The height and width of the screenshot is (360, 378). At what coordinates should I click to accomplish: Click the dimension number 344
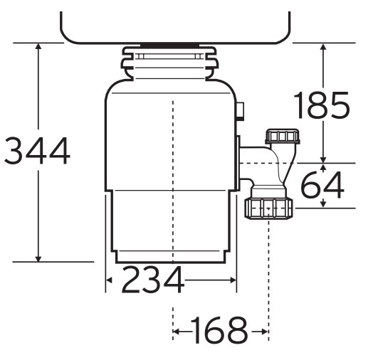tap(37, 151)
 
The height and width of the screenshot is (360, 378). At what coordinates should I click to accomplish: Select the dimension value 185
tap(322, 105)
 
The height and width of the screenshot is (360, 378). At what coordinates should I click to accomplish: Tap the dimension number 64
tap(322, 185)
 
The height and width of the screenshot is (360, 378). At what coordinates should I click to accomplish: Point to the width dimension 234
tap(153, 279)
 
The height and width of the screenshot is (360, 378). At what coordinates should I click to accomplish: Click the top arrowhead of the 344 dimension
tap(38, 46)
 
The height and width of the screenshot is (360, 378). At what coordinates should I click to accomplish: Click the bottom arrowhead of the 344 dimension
tap(38, 258)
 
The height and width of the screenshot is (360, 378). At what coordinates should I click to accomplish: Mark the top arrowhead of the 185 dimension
tap(323, 46)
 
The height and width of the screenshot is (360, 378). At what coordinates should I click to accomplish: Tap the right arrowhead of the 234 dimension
tap(233, 280)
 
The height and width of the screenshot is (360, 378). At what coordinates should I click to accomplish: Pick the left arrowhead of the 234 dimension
tap(109, 280)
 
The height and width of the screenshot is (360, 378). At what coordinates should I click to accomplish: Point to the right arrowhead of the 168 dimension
tap(264, 332)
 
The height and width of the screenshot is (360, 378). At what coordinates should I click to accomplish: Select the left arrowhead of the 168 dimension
tap(177, 332)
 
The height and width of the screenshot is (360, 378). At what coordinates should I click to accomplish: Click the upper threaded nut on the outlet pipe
tap(283, 137)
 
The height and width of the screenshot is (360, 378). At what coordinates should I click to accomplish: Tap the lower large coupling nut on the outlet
tap(268, 208)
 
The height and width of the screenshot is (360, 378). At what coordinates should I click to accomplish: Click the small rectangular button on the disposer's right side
tap(241, 111)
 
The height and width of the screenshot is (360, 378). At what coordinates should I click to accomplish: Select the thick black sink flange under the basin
tap(169, 45)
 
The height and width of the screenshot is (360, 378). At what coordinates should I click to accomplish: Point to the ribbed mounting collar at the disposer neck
tap(169, 62)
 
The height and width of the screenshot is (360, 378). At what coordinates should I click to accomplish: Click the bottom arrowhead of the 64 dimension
tap(323, 204)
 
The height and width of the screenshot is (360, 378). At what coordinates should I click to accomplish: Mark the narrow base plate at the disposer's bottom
tap(170, 257)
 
